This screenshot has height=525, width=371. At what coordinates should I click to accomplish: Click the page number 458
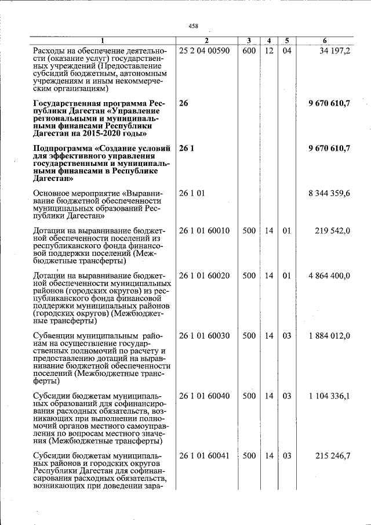pos(194,26)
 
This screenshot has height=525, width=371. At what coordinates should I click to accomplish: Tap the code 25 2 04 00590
pos(205,51)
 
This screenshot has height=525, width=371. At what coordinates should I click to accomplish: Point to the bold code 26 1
pos(187,149)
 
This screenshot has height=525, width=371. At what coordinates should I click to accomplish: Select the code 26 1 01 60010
pos(205,231)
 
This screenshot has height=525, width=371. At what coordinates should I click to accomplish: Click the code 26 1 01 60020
pos(205,276)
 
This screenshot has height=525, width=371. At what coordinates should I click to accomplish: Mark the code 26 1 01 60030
pos(205,336)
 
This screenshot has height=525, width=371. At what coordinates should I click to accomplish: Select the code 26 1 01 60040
pos(205,396)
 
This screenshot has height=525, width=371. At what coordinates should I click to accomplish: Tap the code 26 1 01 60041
pos(205,456)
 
